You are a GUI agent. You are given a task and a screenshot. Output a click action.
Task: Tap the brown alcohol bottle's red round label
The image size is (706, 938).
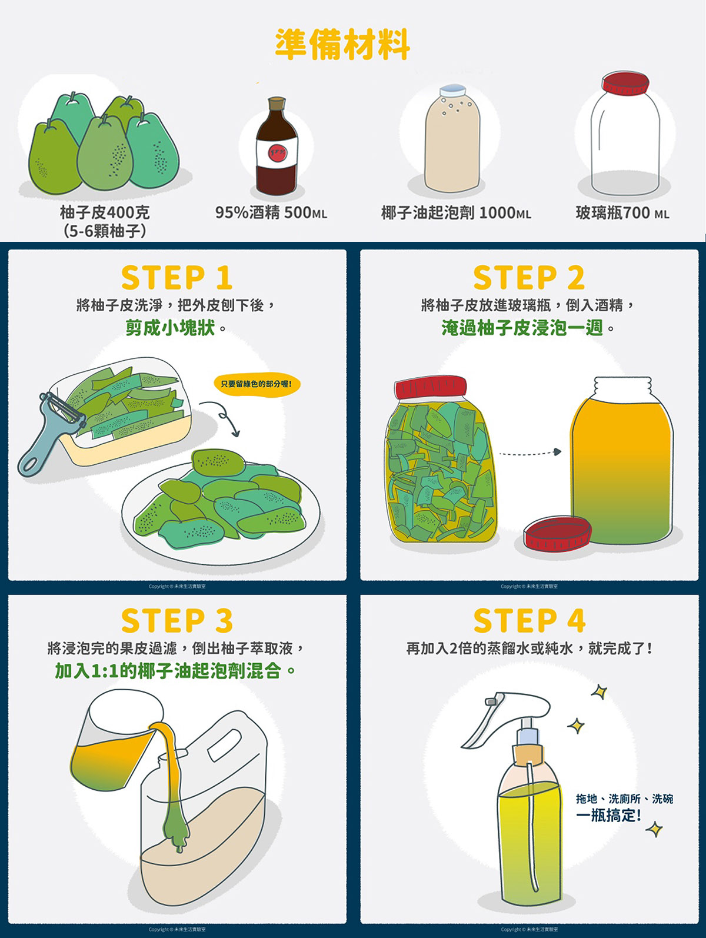click(277, 154)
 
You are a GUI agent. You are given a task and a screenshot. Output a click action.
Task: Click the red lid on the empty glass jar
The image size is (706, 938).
click(625, 84)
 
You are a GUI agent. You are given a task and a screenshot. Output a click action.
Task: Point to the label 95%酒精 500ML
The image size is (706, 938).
click(271, 212)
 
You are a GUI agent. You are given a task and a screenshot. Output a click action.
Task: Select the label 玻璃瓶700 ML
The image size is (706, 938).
click(622, 212)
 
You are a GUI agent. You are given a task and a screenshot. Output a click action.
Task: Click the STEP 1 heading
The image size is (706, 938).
click(176, 278)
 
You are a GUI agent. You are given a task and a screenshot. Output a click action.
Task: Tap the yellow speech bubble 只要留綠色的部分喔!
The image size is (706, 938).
click(257, 384)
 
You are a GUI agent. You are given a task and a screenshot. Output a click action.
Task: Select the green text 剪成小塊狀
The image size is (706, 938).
click(170, 327)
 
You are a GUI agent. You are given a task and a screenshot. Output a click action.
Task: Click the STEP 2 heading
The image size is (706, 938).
click(529, 278)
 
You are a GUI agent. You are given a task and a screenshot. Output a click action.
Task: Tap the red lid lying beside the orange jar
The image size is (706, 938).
click(557, 533)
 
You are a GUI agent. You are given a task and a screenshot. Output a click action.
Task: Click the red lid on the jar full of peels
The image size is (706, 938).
click(431, 388)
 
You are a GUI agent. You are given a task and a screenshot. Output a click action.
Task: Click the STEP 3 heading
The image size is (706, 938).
click(176, 621)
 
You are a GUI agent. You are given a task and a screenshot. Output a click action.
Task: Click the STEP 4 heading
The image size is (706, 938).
click(529, 621)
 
